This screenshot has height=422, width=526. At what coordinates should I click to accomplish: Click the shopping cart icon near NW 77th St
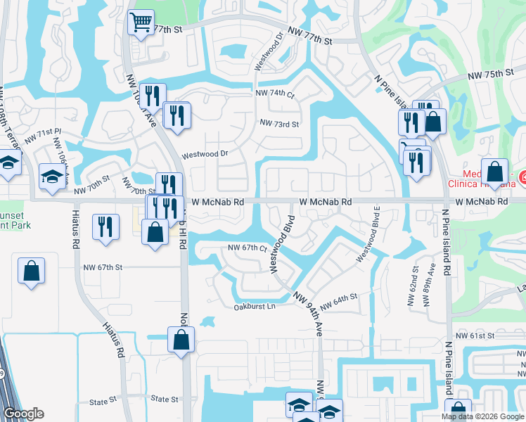(x=141, y=23)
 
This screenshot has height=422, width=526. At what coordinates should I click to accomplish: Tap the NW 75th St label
(x=490, y=75)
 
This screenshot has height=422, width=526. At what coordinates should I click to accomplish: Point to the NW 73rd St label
(x=279, y=124)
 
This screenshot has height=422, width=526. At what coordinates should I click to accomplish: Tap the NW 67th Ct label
(x=248, y=248)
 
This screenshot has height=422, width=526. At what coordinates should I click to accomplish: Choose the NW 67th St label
(x=103, y=267)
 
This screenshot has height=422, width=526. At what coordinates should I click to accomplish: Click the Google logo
(x=23, y=414)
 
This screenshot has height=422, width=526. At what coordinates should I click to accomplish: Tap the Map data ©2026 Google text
(x=482, y=416)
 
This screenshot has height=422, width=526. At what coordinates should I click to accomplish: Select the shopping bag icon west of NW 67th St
(x=31, y=271)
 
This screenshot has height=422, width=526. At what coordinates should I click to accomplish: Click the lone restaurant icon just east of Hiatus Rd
(x=105, y=226)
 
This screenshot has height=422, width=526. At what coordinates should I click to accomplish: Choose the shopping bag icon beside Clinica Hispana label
(x=496, y=172)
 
